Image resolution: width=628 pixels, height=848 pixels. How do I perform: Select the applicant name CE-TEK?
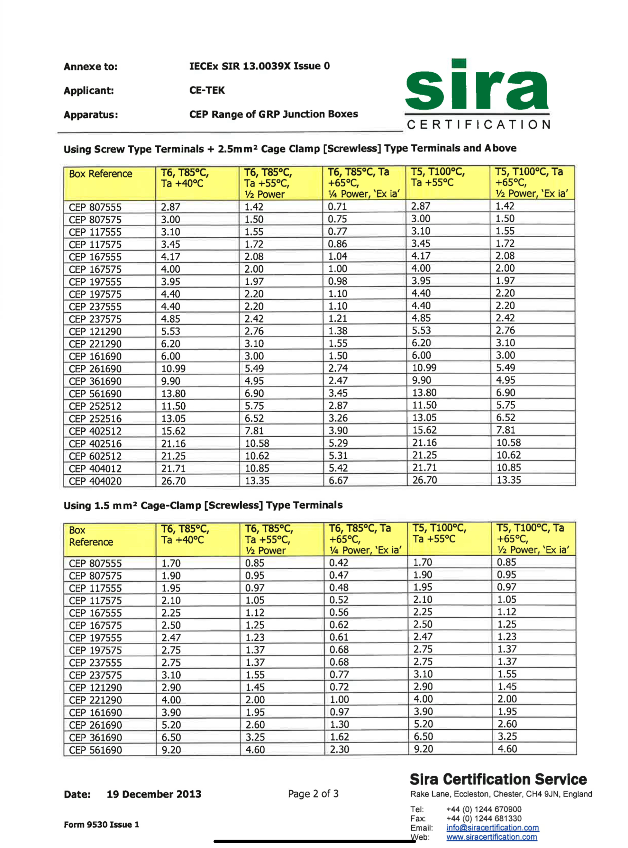(207, 90)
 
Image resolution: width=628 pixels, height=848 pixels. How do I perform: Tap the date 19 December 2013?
(154, 794)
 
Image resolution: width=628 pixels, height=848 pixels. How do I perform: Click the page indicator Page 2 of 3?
(313, 794)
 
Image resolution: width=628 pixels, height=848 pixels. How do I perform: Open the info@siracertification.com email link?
(492, 827)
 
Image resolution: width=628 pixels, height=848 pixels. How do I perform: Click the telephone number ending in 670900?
(484, 809)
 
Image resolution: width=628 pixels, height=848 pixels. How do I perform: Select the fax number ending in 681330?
(484, 818)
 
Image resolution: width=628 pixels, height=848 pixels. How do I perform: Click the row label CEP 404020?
(95, 481)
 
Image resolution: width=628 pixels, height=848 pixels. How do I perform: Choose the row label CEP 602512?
(95, 456)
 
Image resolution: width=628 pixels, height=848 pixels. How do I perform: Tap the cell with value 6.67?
(338, 480)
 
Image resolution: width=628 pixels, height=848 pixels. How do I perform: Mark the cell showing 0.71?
(337, 206)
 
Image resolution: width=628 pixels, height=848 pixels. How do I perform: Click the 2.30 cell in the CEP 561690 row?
(339, 749)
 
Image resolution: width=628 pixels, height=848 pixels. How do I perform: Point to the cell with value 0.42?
(338, 562)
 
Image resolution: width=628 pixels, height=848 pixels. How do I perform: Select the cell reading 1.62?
(339, 737)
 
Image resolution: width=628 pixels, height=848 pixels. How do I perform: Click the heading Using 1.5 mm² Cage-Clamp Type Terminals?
(203, 505)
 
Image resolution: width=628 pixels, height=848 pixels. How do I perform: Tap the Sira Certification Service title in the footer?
(498, 779)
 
